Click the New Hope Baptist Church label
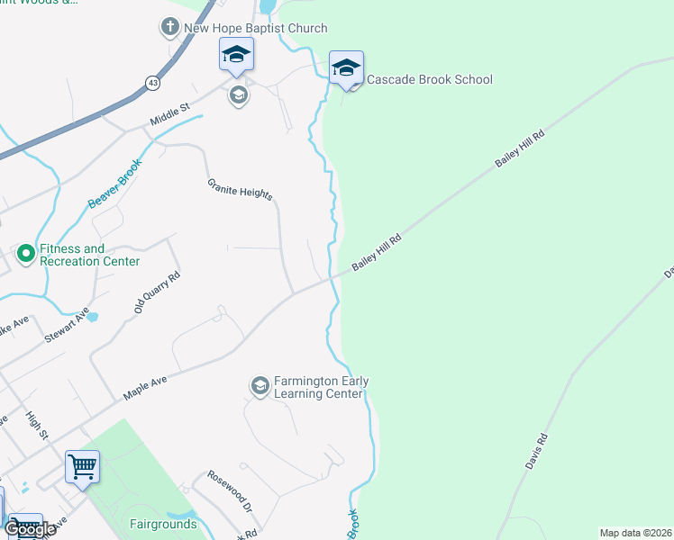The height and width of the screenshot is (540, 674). pyautogui.click(x=255, y=29)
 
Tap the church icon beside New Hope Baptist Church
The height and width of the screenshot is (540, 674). pyautogui.click(x=169, y=28)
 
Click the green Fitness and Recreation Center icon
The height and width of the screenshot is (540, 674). pyautogui.click(x=25, y=255)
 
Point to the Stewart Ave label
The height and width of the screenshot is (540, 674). pyautogui.click(x=68, y=327)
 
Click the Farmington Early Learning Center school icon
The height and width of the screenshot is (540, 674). pyautogui.click(x=260, y=386)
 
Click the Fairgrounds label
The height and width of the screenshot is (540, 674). pyautogui.click(x=163, y=523)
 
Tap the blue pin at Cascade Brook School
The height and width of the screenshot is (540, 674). pyautogui.click(x=346, y=68)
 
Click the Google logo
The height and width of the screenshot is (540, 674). pyautogui.click(x=30, y=529)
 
